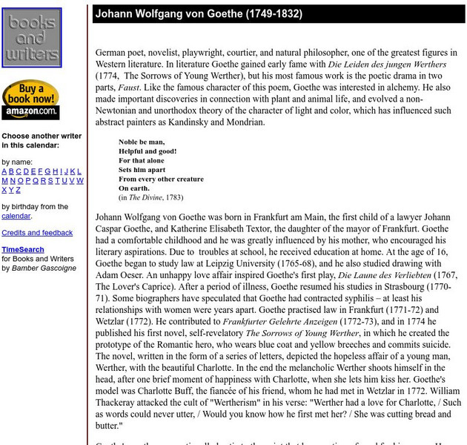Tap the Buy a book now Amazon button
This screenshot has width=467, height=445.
30,99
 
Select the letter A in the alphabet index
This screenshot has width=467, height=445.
4,171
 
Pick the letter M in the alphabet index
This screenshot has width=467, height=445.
5,180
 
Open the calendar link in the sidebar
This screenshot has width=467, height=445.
16,216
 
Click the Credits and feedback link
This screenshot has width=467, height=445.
37,233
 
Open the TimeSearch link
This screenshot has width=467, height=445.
22,250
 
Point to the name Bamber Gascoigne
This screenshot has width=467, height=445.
44,268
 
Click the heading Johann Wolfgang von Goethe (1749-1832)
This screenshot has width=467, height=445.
198,14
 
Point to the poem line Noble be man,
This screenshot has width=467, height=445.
142,142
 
